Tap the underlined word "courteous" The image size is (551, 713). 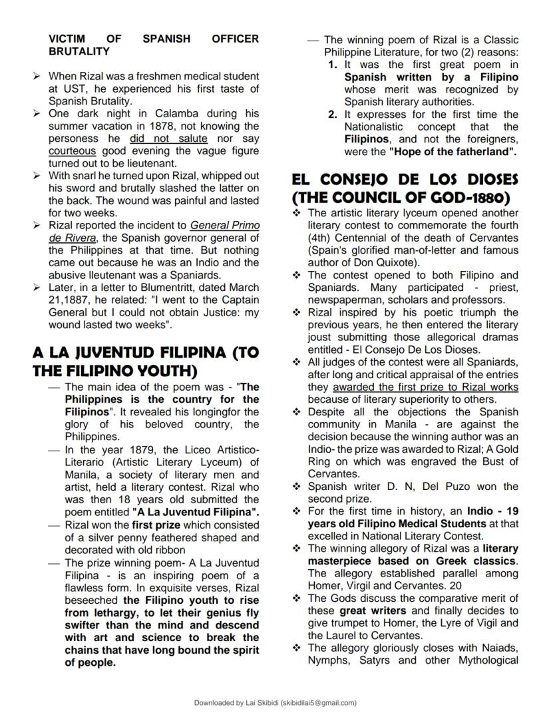pos(72,151)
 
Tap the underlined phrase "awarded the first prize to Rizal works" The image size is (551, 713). pos(425,387)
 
